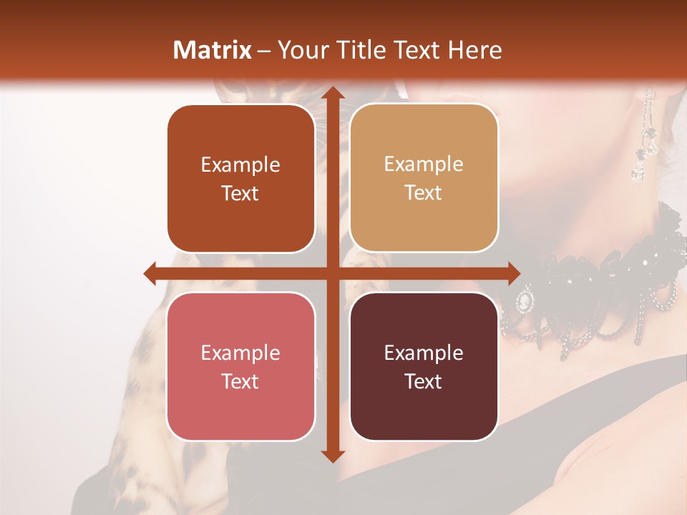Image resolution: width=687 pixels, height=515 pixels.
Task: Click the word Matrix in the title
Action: point(213,50)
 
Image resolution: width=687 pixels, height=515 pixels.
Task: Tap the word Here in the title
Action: point(474,50)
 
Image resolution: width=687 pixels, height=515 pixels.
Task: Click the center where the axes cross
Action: point(332,273)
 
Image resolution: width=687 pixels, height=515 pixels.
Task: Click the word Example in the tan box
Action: point(424,164)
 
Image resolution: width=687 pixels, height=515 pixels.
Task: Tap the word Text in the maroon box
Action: point(424,381)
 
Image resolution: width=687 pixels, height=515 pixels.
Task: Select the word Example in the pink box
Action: point(240,353)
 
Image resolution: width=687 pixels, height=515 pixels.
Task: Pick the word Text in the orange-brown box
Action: point(240,193)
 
